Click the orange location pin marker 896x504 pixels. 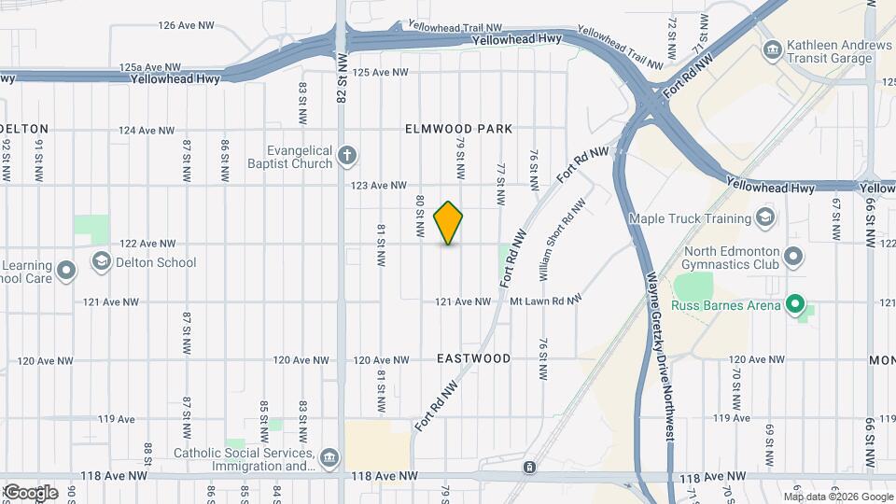pyautogui.click(x=448, y=223)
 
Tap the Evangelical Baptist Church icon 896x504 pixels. pyautogui.click(x=346, y=155)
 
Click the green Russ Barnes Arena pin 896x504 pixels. pyautogui.click(x=794, y=303)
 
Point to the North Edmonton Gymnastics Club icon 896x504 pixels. pyautogui.click(x=793, y=255)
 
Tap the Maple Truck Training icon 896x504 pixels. pyautogui.click(x=765, y=218)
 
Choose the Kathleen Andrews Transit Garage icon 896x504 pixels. pyautogui.click(x=772, y=49)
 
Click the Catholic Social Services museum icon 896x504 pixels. pyautogui.click(x=329, y=457)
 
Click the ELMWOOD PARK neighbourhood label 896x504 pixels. pyautogui.click(x=459, y=129)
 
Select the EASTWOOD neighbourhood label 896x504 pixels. pyautogui.click(x=474, y=358)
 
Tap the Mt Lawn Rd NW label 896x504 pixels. pyautogui.click(x=546, y=301)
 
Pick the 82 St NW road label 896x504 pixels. pyautogui.click(x=343, y=80)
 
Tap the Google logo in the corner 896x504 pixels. pyautogui.click(x=30, y=492)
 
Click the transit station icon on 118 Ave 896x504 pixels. pyautogui.click(x=529, y=467)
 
